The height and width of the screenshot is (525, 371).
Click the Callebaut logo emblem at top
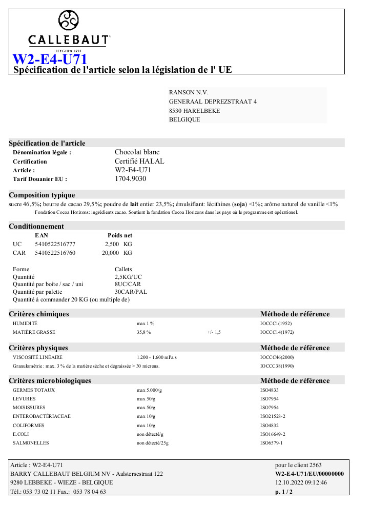tap(69, 22)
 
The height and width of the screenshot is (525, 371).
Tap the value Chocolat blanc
tap(137, 152)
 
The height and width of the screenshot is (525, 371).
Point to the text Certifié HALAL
tap(139, 161)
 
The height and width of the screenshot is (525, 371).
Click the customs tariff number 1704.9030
tap(130, 179)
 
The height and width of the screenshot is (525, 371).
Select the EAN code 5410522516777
tap(55, 244)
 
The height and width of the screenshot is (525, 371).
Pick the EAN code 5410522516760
tap(55, 253)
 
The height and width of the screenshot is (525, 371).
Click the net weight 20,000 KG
tap(117, 253)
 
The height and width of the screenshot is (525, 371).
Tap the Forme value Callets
tap(123, 269)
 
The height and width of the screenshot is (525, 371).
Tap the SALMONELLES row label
tap(30, 443)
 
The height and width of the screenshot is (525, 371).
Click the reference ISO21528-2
tap(273, 416)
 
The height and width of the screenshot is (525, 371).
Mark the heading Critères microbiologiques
tap(50, 380)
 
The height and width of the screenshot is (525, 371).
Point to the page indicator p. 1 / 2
tap(284, 492)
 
